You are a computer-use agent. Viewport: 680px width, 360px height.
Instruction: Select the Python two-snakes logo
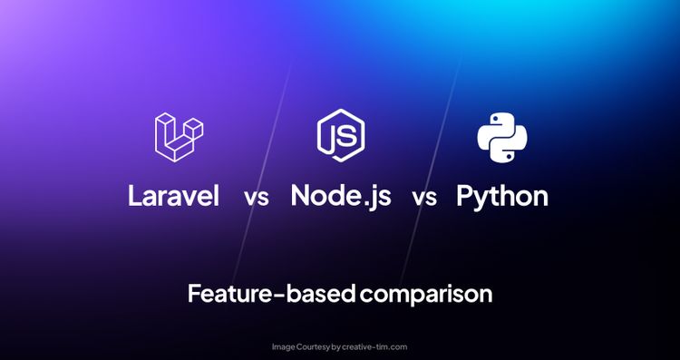click(x=502, y=136)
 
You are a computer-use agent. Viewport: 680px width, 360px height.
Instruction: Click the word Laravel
click(x=174, y=195)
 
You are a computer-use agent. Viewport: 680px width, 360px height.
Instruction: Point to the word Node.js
click(x=341, y=195)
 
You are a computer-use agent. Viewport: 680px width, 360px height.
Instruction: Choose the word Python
click(x=502, y=196)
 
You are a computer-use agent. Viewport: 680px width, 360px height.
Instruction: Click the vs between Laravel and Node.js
click(x=256, y=198)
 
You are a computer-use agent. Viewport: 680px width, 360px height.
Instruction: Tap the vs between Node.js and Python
click(x=423, y=198)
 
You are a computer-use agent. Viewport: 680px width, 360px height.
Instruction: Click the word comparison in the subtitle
click(x=425, y=295)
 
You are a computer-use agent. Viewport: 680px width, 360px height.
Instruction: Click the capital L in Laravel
click(x=135, y=195)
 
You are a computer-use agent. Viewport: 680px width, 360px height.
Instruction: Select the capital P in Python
click(x=466, y=195)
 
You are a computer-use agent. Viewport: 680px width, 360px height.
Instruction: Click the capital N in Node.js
click(x=302, y=195)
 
